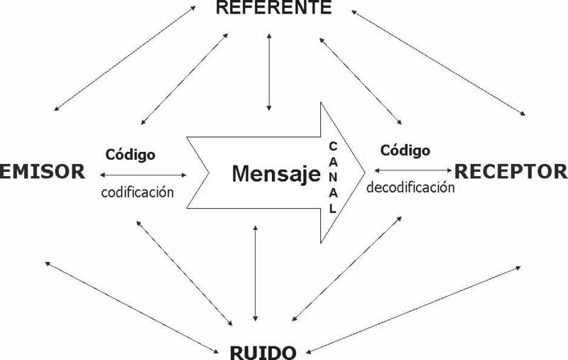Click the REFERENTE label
tap(273, 9)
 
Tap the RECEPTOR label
tap(511, 170)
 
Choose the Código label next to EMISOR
tap(131, 154)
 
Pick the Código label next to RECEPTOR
tap(405, 151)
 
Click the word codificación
tap(138, 192)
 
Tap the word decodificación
tap(410, 188)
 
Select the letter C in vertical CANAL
tap(333, 145)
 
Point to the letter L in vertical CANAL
tap(333, 210)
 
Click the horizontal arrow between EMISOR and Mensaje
tap(144, 173)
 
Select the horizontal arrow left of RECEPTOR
tap(413, 170)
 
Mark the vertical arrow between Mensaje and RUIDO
tap(255, 273)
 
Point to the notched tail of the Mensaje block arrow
tap(206, 170)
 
